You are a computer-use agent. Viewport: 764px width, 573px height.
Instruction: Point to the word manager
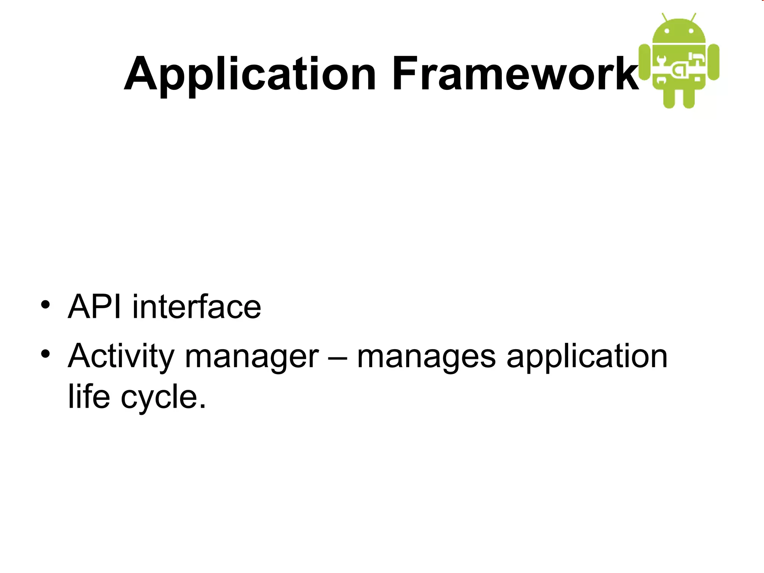click(252, 358)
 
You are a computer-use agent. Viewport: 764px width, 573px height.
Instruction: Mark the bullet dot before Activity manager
click(46, 354)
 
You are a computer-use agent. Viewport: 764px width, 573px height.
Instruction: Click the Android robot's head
click(679, 32)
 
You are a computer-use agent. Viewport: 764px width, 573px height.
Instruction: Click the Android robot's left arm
click(644, 62)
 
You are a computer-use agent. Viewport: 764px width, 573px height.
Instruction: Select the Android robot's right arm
click(714, 62)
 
